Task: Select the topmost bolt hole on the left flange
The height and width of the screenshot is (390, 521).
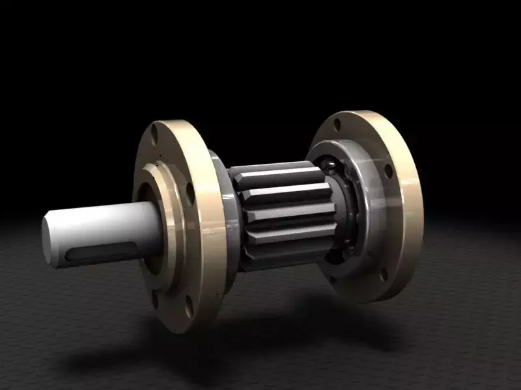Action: click(154, 135)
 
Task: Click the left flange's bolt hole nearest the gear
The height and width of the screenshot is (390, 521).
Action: click(190, 193)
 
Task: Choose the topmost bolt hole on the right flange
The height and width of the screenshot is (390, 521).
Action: click(337, 122)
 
